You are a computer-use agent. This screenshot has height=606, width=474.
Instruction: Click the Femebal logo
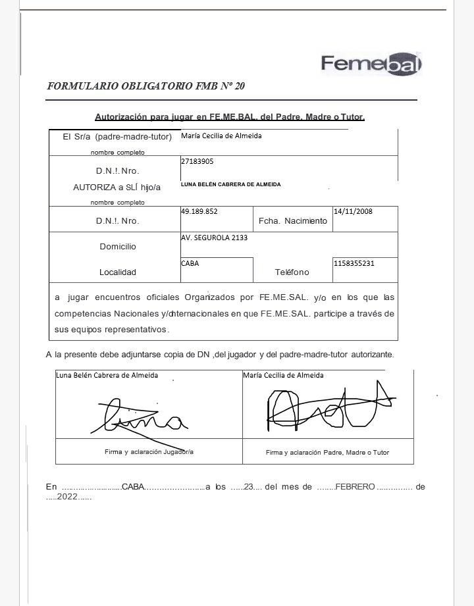(371, 64)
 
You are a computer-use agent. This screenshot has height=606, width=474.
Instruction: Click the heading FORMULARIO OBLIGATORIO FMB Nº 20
(146, 86)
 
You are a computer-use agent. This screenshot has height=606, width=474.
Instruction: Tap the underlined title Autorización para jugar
(230, 117)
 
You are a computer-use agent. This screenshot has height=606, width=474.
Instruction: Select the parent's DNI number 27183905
(197, 161)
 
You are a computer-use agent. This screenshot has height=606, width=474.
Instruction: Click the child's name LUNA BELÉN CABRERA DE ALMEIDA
(230, 184)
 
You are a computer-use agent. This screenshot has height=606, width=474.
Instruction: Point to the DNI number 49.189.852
(199, 212)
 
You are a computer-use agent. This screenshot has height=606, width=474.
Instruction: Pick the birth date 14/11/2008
(354, 212)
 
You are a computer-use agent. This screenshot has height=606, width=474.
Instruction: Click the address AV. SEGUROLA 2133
(214, 238)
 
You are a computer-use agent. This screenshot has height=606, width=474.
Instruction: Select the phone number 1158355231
(354, 263)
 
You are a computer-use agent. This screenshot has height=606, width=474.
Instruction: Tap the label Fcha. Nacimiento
(292, 221)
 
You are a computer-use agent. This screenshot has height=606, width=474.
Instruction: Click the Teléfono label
(292, 272)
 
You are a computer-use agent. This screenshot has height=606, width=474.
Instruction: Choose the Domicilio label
(118, 247)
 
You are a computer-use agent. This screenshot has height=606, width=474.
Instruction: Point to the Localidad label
(118, 272)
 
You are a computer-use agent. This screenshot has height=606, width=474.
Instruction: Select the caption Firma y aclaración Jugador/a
(149, 452)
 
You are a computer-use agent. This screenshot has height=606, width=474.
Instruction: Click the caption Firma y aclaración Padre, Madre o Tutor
(327, 453)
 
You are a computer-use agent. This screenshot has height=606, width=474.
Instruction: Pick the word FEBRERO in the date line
(355, 487)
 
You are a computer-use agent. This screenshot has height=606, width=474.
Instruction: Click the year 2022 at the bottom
(67, 497)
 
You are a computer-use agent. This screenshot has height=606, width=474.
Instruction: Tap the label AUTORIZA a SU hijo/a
(117, 188)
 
